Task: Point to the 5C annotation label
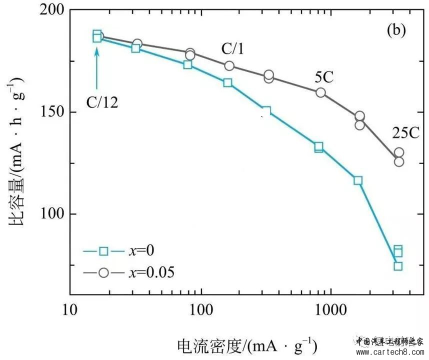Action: pyautogui.click(x=323, y=77)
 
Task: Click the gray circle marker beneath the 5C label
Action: pyautogui.click(x=320, y=92)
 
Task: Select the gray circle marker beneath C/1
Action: pyautogui.click(x=229, y=66)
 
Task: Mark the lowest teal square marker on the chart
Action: pyautogui.click(x=398, y=266)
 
